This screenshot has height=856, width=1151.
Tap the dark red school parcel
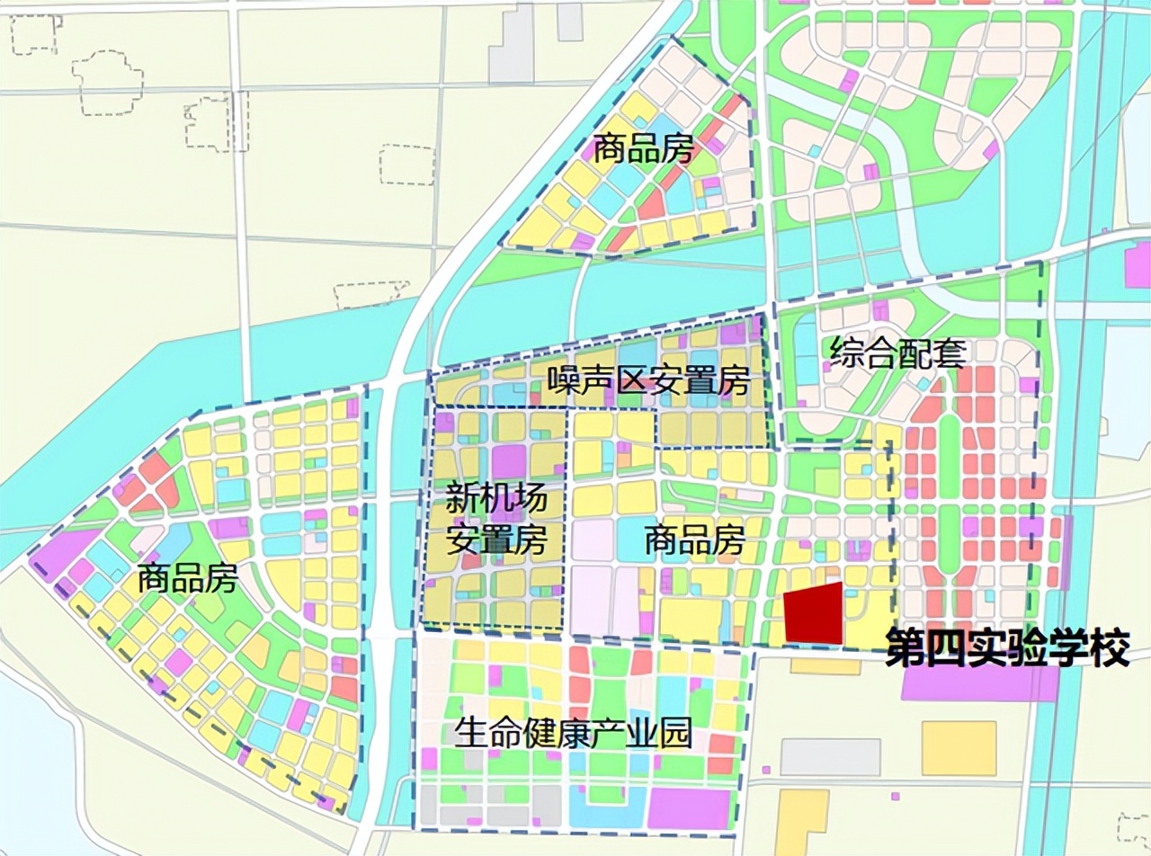[815, 614]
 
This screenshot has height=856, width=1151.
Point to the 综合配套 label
[897, 352]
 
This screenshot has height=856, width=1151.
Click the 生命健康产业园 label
[574, 736]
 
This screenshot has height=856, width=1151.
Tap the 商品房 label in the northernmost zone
[644, 150]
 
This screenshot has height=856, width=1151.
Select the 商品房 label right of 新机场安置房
[694, 541]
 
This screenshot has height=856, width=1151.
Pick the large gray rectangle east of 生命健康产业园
[829, 757]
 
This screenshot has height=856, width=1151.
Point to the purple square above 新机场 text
[508, 461]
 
